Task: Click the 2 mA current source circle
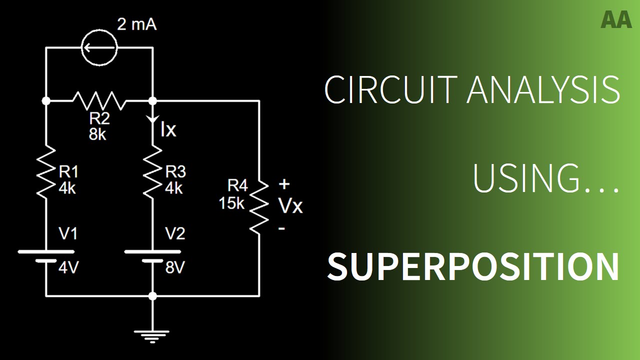[x=99, y=48]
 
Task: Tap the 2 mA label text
[x=136, y=24]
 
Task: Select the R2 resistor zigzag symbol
[x=99, y=100]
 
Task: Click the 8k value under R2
[x=98, y=134]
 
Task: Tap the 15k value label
[x=231, y=203]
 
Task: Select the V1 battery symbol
[x=45, y=256]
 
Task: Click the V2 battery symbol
[x=152, y=256]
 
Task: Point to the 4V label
[x=68, y=268]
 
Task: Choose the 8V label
[x=175, y=268]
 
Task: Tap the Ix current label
[x=168, y=130]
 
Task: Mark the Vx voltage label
[x=290, y=205]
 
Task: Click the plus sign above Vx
[x=284, y=184]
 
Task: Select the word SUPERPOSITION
[x=473, y=266]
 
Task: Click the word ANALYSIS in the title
[x=543, y=90]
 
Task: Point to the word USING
[x=545, y=179]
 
